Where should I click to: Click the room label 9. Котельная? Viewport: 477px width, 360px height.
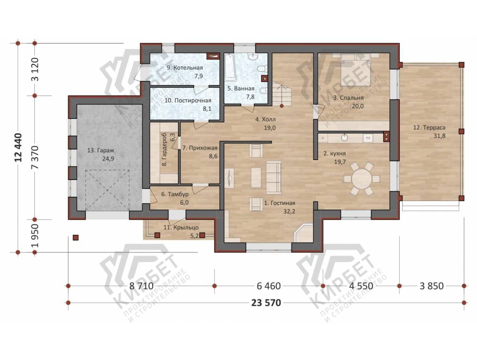[x=185, y=68]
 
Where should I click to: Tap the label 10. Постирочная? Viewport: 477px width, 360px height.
[x=187, y=101]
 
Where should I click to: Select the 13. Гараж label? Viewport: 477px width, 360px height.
[x=100, y=150]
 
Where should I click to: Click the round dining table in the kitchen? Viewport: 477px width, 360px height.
[x=362, y=179]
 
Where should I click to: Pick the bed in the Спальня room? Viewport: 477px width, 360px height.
[x=355, y=69]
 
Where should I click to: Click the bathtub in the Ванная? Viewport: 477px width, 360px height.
[x=230, y=67]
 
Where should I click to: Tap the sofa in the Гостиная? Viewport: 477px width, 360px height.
[x=273, y=177]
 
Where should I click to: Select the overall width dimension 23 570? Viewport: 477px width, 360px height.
[x=266, y=303]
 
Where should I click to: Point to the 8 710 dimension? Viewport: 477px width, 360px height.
[x=142, y=286]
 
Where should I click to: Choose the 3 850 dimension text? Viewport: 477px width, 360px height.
[x=431, y=286]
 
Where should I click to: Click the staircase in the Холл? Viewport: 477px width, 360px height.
[x=282, y=95]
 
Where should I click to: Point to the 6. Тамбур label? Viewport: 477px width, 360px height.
[x=175, y=194]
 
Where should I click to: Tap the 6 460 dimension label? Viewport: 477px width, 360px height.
[x=269, y=286]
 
